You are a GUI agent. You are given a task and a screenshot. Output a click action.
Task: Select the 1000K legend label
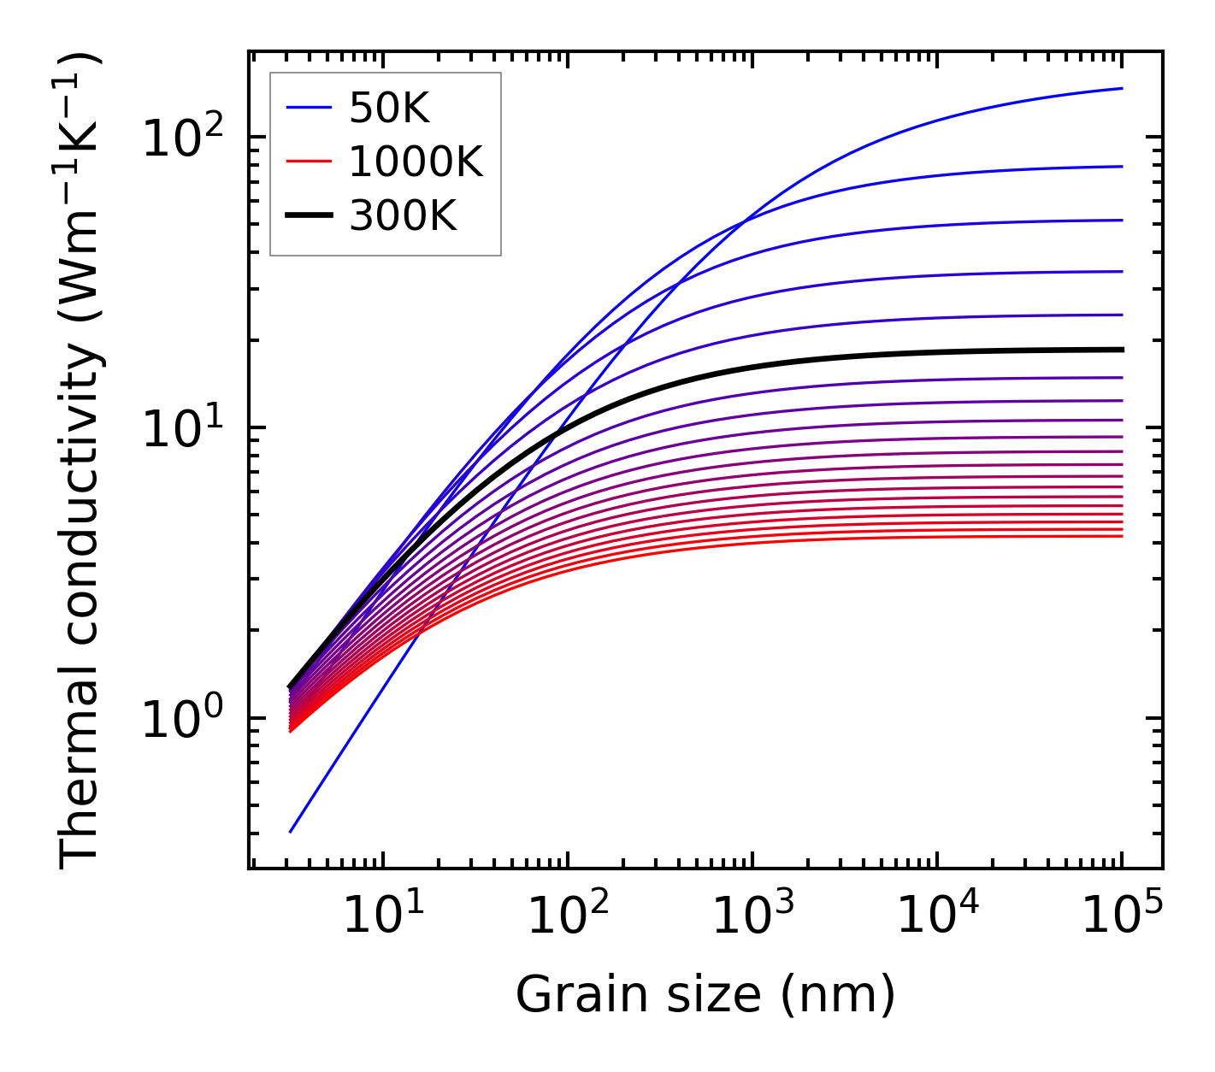coord(416,162)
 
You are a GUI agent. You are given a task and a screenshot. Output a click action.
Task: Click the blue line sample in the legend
coord(308,108)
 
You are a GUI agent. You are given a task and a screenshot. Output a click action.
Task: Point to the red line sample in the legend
coord(308,162)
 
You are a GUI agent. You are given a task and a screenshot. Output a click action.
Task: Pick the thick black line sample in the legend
coord(308,216)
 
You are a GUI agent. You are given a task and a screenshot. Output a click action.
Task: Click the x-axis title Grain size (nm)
coord(705,995)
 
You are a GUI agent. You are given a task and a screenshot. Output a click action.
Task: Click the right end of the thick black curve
coord(1122,350)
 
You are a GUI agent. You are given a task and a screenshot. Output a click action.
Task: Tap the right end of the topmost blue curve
coord(1122,88)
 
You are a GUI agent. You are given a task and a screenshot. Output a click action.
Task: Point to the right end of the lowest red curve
coord(1122,536)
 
